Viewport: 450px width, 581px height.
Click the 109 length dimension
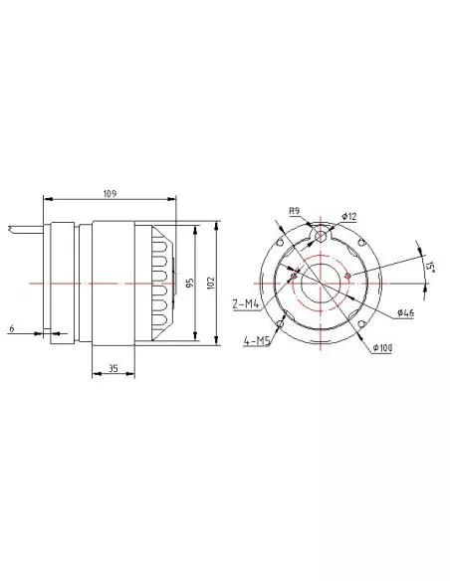[110, 193]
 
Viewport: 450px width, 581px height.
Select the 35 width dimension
[113, 368]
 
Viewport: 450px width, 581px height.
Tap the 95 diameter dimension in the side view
[190, 283]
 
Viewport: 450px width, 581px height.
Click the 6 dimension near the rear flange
[12, 328]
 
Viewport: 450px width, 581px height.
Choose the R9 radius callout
[294, 211]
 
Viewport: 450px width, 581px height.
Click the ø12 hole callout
[349, 216]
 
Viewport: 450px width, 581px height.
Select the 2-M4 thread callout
[245, 304]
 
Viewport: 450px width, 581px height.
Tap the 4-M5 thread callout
[257, 340]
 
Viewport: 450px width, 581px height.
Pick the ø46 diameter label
[405, 312]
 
